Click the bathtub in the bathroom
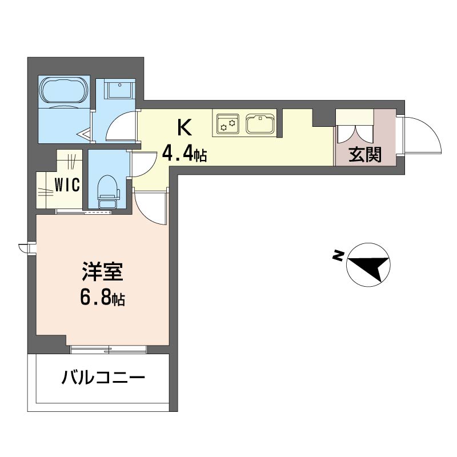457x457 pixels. (x=64, y=90)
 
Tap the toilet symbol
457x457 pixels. (x=108, y=191)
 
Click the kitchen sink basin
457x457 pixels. (x=260, y=124)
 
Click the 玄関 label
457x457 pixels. (x=365, y=155)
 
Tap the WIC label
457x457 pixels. (x=67, y=185)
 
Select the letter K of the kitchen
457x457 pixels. (x=185, y=128)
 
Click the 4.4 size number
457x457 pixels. (x=178, y=153)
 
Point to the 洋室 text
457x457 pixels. (x=103, y=271)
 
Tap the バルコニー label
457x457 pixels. (x=103, y=378)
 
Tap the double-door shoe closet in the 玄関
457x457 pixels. (x=354, y=126)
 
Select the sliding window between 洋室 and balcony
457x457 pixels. (x=109, y=350)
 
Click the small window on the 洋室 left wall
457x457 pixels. (x=27, y=248)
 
